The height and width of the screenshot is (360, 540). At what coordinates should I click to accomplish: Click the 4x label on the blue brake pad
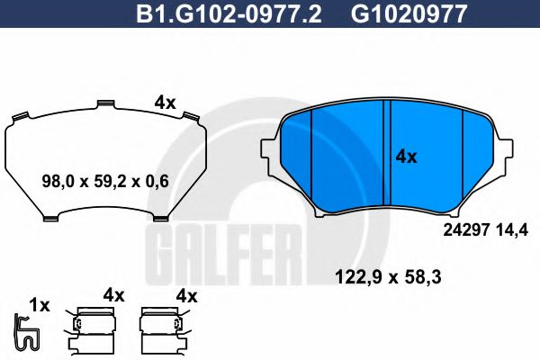click(407, 156)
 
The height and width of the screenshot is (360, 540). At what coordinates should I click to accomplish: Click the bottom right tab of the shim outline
click(161, 217)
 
